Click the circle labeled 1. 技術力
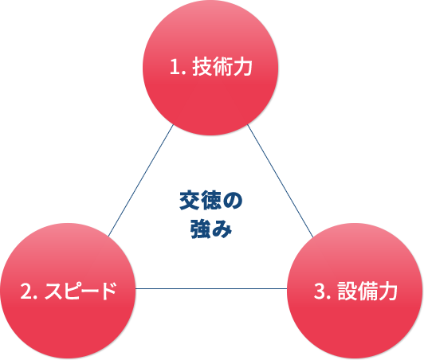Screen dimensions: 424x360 210,68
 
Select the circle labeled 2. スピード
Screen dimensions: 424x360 68,291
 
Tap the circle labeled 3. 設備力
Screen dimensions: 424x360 355,291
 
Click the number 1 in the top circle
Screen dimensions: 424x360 175,67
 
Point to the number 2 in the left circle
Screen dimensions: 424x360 26,291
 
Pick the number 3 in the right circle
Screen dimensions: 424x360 320,291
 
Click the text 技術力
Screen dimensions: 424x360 222,66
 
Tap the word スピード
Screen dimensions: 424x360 80,291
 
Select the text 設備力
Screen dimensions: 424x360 367,291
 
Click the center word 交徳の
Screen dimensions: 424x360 211,200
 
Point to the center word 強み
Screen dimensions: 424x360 211,229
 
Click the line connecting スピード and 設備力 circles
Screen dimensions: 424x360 211,288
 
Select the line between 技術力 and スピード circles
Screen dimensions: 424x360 140,181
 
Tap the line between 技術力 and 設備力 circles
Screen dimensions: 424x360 281,181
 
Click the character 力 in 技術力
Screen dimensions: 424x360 242,66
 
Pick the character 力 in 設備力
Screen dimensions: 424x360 387,291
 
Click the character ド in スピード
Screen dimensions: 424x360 108,291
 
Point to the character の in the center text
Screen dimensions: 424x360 233,201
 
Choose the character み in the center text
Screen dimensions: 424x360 222,229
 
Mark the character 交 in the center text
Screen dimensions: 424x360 190,200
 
